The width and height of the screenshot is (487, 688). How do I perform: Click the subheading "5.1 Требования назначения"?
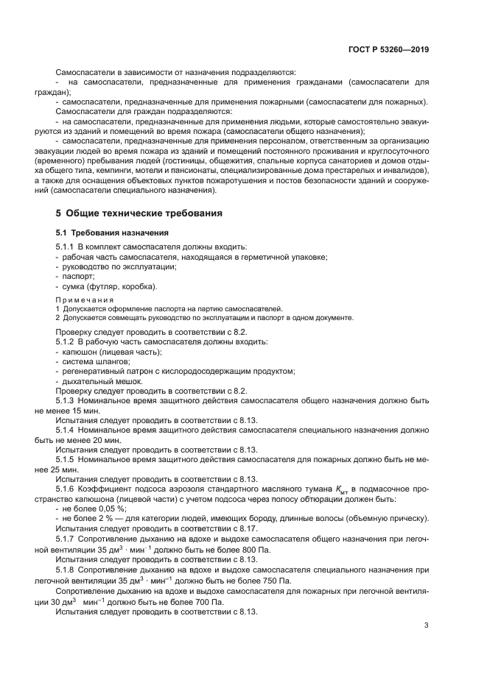(107, 233)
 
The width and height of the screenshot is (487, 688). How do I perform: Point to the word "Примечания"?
(85, 300)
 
